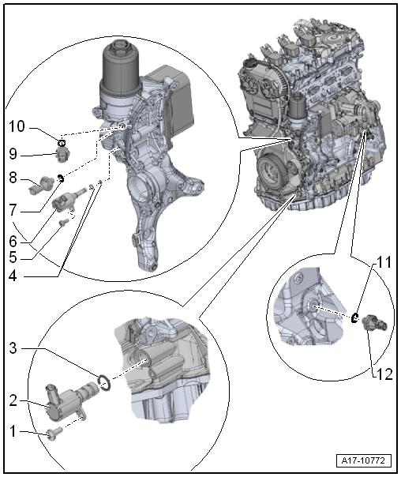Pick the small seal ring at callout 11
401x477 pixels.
coord(355,317)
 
